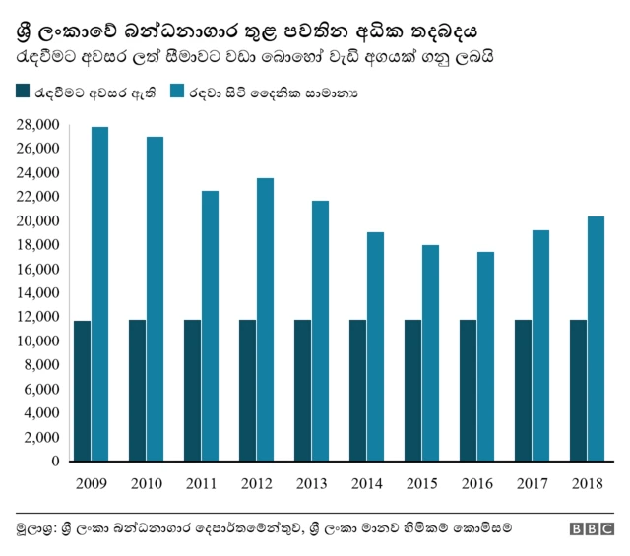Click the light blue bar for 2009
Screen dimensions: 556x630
tap(99, 294)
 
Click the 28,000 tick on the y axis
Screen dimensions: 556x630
tap(38, 125)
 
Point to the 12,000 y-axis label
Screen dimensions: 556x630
tap(38, 317)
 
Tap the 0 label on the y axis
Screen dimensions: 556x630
tap(56, 462)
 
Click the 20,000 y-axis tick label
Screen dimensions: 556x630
tap(38, 221)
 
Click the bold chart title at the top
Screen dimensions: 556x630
tap(246, 31)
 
